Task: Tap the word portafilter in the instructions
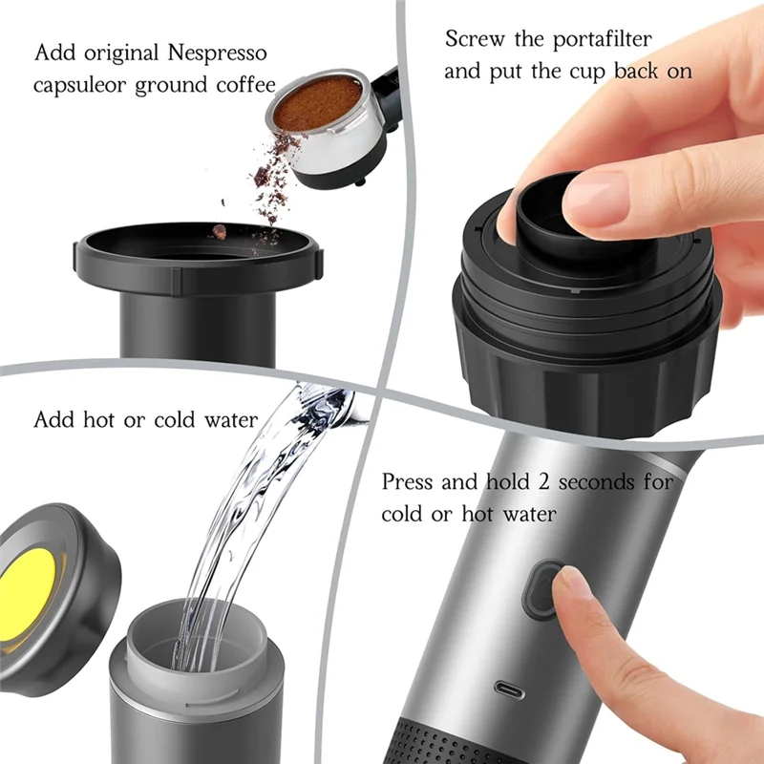[600, 40]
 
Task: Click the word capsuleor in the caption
[81, 84]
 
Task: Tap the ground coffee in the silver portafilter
[317, 101]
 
